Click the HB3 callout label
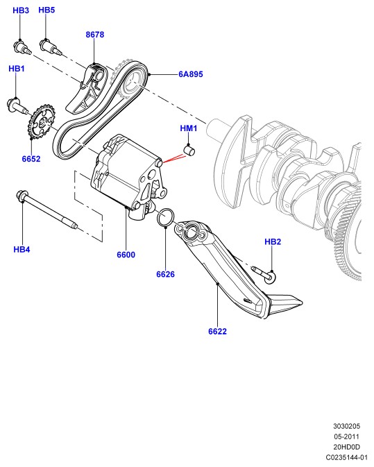coord(21,10)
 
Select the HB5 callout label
coord(46,10)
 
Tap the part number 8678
coord(95,35)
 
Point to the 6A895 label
coord(191,74)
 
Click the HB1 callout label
coord(17,69)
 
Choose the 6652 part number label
coord(31,159)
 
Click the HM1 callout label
coord(189,128)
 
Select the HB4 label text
coord(22,249)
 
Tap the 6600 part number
coord(126,255)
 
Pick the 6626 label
coord(166,274)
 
